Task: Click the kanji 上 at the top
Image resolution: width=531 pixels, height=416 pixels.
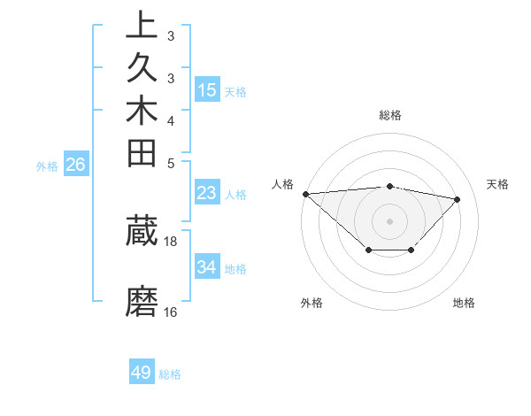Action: (x=142, y=25)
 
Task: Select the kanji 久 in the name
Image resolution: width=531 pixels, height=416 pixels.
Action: (x=142, y=69)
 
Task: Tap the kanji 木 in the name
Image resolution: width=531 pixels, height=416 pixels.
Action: (x=142, y=112)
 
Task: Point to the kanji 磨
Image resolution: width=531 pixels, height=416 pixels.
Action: (x=142, y=301)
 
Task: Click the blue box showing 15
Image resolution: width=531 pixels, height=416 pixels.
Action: (x=207, y=89)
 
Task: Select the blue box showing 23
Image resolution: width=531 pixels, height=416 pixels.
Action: (x=207, y=193)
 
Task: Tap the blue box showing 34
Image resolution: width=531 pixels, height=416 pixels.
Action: (x=207, y=266)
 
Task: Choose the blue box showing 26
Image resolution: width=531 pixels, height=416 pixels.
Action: (x=76, y=164)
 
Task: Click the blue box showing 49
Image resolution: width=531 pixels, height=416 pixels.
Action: (x=142, y=373)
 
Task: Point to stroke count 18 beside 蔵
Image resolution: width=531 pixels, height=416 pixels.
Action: (x=171, y=241)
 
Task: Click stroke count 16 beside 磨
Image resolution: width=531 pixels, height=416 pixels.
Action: (x=171, y=312)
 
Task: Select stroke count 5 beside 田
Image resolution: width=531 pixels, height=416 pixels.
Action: (x=171, y=163)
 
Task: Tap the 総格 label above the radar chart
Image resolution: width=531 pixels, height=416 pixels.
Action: (x=390, y=115)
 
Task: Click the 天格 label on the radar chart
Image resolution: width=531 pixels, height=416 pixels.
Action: (x=498, y=184)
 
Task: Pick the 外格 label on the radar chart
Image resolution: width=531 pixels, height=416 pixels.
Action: (x=312, y=303)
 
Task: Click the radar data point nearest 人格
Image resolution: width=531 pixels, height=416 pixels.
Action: (x=305, y=194)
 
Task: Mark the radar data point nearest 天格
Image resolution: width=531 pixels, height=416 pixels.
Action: (x=458, y=199)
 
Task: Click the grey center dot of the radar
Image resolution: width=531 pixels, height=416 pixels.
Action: (x=390, y=220)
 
